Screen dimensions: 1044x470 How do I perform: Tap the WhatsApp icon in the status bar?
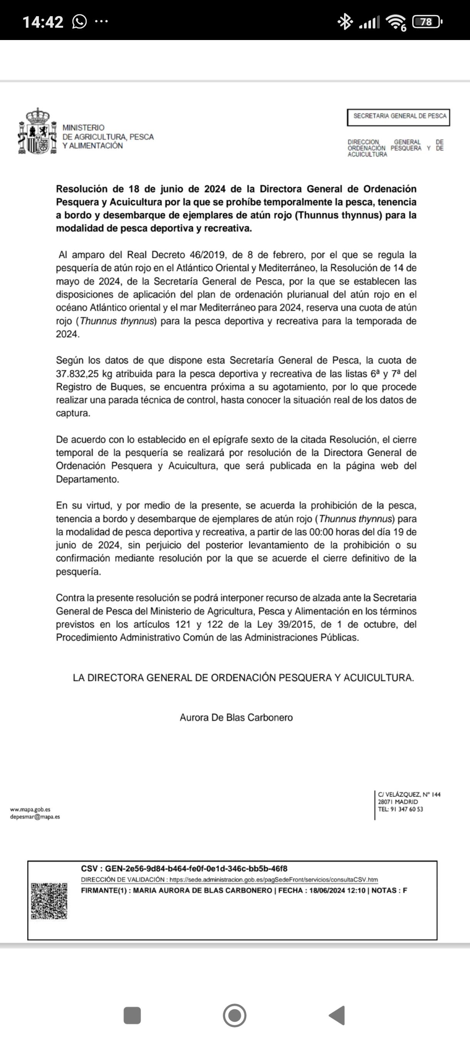[79, 22]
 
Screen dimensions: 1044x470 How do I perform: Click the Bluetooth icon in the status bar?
[345, 22]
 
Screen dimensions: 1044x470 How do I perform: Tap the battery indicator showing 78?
[426, 22]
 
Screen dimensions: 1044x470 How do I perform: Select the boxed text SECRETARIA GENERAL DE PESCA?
[399, 116]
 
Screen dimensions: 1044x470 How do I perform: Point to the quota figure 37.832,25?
[77, 374]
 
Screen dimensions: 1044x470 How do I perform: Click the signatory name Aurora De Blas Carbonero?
[236, 718]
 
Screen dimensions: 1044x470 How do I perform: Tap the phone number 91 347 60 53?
[406, 809]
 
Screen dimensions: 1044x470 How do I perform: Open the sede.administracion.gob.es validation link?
[273, 880]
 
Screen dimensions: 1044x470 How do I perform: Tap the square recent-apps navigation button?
[132, 1015]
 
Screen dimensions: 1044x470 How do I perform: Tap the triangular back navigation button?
[337, 1015]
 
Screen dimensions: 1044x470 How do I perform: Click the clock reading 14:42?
[43, 22]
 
